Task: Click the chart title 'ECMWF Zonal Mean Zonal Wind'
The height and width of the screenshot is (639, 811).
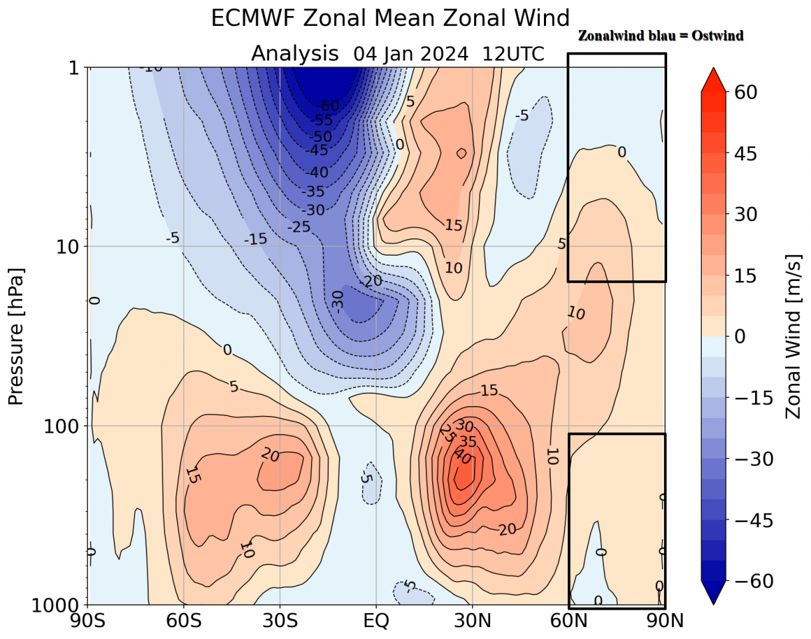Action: tap(390, 18)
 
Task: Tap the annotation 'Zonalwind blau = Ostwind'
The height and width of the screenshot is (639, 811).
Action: tap(661, 36)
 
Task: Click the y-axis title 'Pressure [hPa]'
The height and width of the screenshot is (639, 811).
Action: tap(15, 336)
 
